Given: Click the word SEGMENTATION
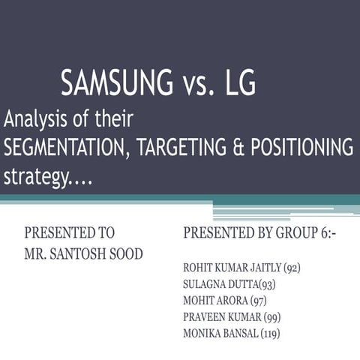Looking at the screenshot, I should (66, 148).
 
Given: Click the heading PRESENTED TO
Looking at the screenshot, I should (70, 232).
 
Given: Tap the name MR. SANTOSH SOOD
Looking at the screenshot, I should (84, 253).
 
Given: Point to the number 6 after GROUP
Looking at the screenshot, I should (323, 232).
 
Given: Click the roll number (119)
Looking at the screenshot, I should (270, 333).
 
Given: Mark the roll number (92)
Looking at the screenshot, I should (290, 267).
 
